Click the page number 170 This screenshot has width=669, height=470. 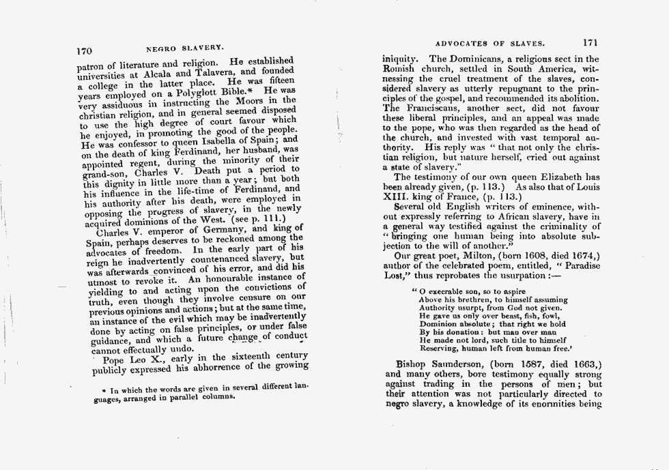[84, 49]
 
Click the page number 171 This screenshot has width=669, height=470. [591, 40]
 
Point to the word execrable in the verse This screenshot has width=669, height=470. [445, 291]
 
